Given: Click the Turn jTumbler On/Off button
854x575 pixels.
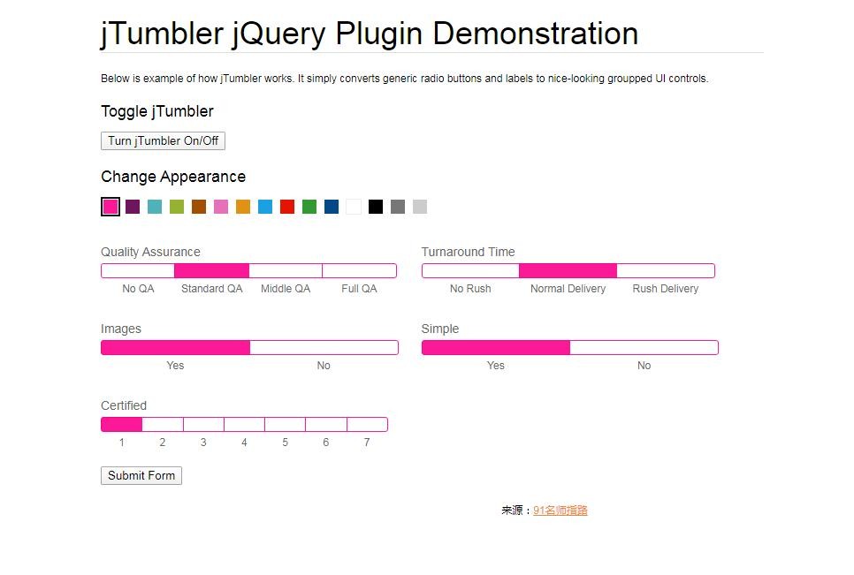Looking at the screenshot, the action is pos(163,141).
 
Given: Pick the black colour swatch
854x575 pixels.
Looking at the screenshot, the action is pos(375,207).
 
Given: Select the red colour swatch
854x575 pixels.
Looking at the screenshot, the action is pos(287,207).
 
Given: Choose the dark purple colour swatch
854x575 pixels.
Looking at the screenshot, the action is pos(133,207).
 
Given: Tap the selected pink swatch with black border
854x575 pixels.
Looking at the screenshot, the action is pos(111,207).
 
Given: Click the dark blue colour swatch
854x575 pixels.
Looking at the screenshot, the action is pos(332,207).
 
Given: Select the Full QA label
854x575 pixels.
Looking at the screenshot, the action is pos(359,289).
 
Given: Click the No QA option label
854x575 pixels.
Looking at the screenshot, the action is pos(138,289).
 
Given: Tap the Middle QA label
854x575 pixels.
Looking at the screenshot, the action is pos(286,289).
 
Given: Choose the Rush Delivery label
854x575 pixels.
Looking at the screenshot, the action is pos(666,289).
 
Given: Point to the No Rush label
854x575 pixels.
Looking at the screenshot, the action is pos(470,289).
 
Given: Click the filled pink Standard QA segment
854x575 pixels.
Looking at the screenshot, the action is pos(212,270).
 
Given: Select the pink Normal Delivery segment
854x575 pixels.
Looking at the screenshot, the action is pos(568,270).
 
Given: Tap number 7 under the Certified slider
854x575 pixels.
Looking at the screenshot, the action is pos(367,443).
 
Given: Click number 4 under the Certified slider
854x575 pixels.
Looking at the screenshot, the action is pos(244,443).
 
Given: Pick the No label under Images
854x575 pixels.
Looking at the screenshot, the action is pos(324,366).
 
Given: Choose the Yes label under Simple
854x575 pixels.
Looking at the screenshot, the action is pos(496,366).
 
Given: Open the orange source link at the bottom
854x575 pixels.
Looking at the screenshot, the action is pos(560,511).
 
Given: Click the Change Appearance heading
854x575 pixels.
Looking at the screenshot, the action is pos(173,177).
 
